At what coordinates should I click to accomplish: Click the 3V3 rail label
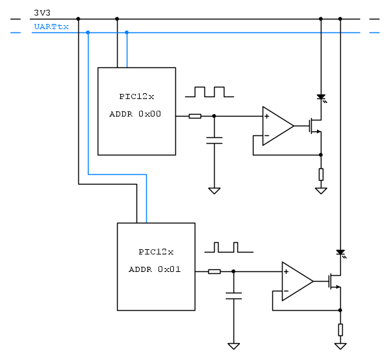(42, 12)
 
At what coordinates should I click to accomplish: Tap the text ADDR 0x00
(136, 114)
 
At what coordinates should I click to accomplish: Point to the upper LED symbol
(321, 97)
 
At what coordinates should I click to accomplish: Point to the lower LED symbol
(340, 253)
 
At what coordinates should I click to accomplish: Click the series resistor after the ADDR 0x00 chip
(195, 117)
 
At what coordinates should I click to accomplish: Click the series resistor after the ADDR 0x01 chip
(214, 272)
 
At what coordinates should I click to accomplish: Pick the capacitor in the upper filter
(214, 141)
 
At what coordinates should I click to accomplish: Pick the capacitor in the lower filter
(233, 296)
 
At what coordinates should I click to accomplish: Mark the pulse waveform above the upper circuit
(209, 92)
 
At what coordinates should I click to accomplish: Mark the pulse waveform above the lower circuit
(228, 247)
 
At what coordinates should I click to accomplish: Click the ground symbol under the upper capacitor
(214, 190)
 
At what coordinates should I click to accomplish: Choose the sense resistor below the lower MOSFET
(340, 330)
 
